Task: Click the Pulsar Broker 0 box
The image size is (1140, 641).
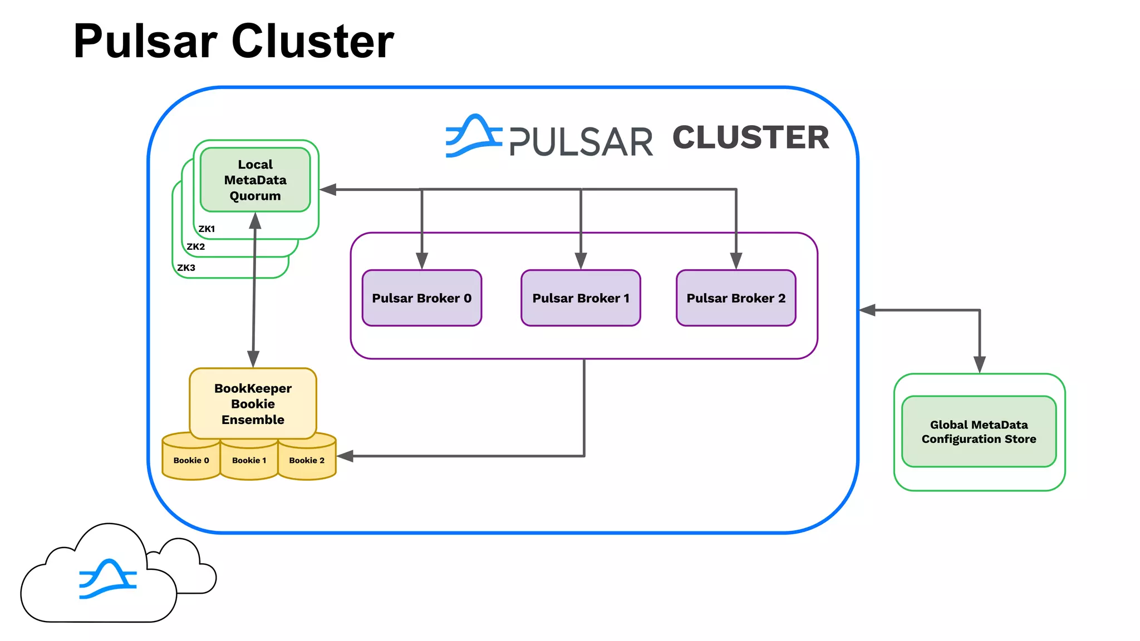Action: click(421, 298)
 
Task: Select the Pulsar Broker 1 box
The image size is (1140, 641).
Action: click(581, 298)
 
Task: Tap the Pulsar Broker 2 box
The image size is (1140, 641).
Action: click(736, 298)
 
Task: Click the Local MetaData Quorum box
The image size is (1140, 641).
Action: click(255, 180)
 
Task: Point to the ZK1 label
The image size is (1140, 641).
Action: click(207, 229)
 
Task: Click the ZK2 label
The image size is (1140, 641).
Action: click(195, 246)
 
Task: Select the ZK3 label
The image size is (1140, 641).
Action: click(186, 268)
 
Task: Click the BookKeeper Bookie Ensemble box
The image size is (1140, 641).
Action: click(253, 403)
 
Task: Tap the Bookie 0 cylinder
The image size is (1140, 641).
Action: click(191, 460)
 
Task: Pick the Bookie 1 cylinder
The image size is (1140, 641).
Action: click(249, 460)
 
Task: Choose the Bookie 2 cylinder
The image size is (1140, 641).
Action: click(307, 460)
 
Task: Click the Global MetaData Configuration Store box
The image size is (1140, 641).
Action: click(979, 431)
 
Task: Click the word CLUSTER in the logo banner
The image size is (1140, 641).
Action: click(750, 137)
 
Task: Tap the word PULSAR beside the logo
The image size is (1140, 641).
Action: click(581, 142)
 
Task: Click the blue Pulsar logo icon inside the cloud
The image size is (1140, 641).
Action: click(107, 579)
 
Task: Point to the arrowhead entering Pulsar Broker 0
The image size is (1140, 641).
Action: click(422, 261)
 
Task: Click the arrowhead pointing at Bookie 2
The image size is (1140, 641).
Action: click(346, 456)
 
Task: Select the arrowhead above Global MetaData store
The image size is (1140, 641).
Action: click(980, 364)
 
